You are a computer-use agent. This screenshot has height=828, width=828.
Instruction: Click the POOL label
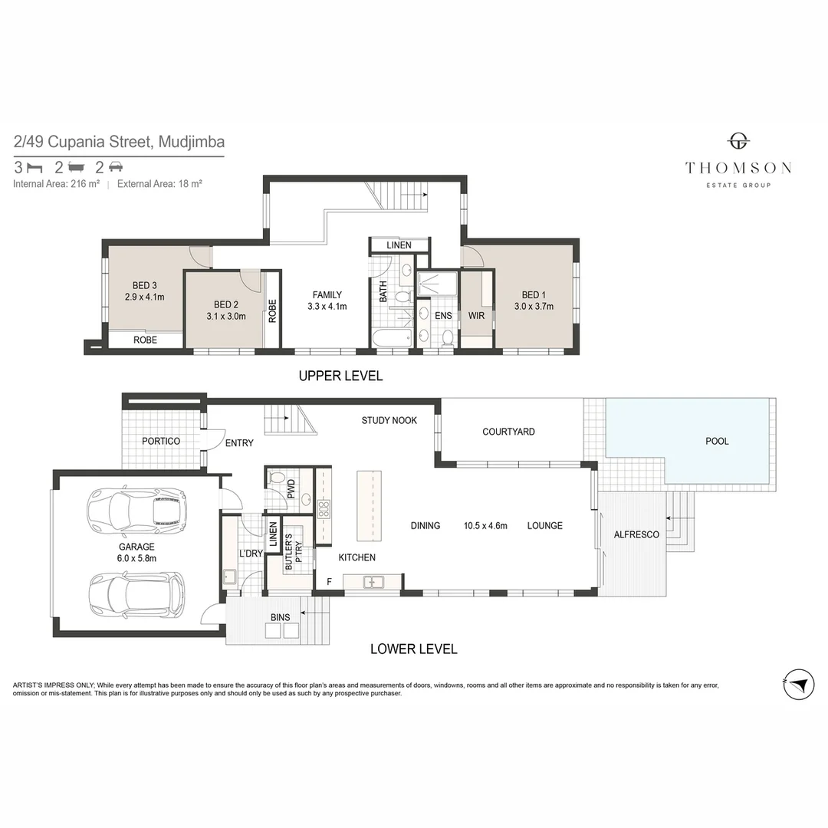717,441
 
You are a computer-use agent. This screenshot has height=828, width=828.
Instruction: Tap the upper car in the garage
136,510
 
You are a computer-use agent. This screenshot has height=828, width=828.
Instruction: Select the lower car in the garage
136,595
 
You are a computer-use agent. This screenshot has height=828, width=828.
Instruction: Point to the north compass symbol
798,685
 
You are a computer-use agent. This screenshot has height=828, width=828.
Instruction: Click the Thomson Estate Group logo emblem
739,141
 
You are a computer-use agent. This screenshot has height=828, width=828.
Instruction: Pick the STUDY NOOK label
389,420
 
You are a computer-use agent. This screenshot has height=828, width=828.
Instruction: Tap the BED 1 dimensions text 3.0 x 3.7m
534,306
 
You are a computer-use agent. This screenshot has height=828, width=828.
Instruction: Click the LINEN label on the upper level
399,245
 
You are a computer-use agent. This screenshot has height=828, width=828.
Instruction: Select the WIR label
476,315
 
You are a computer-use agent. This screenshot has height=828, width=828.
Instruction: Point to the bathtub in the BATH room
393,338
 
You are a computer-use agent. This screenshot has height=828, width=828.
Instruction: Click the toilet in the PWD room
276,478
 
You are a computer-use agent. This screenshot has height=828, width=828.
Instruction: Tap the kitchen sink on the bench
373,583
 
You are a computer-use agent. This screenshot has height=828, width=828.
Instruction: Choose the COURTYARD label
508,432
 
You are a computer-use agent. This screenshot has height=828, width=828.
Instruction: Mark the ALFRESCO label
636,534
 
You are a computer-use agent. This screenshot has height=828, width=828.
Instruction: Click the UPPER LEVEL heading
340,376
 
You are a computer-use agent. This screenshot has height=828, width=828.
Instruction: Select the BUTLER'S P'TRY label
293,552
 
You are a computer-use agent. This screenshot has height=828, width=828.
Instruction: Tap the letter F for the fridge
329,581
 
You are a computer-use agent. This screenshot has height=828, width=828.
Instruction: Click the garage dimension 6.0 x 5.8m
136,558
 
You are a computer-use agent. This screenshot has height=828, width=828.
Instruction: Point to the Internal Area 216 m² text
57,184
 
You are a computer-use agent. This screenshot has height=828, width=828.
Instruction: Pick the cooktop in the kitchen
324,509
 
